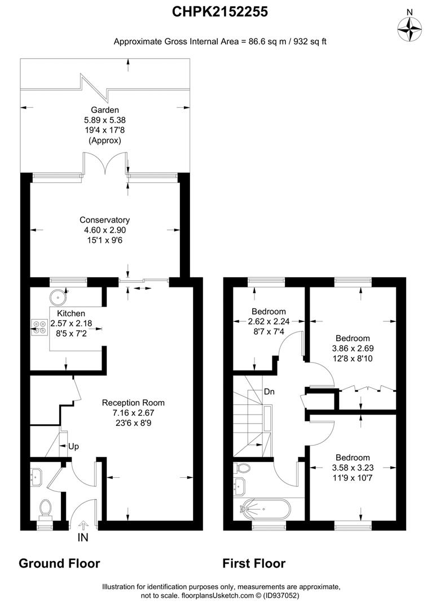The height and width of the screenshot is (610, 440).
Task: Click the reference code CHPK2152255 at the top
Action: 220,11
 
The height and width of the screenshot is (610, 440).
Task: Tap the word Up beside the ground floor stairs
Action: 73,446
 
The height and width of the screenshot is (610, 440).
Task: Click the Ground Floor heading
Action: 59,563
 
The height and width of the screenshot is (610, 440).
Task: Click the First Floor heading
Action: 254,563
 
